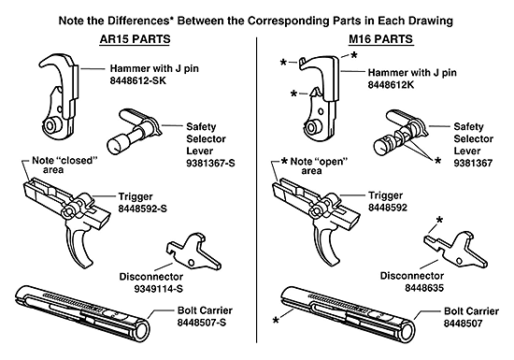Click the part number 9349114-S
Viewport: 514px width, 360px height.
click(152, 289)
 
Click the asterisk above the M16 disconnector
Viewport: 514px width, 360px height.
click(438, 220)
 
